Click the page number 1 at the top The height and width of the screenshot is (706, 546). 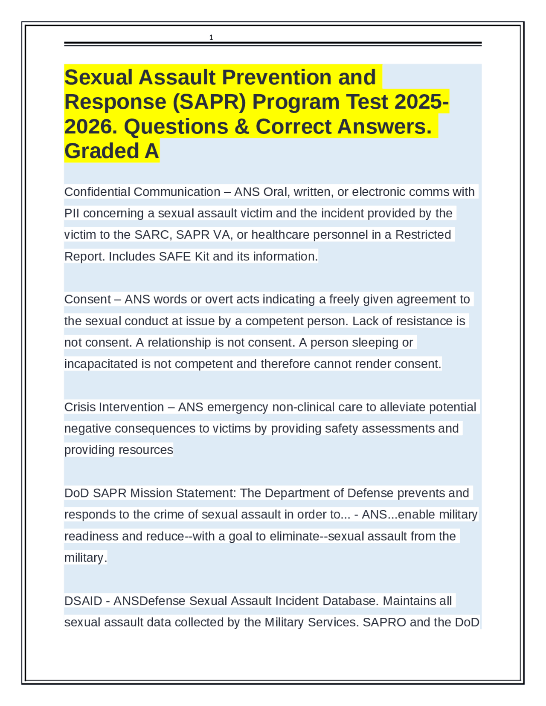click(211, 38)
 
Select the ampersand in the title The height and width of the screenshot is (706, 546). click(241, 127)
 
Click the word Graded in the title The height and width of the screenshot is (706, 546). click(102, 151)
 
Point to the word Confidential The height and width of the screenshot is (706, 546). click(97, 192)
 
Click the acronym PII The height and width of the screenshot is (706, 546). click(72, 213)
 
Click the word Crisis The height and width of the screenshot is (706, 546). click(80, 407)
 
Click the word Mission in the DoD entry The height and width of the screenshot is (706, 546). click(151, 493)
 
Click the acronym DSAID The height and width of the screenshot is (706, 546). click(83, 601)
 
